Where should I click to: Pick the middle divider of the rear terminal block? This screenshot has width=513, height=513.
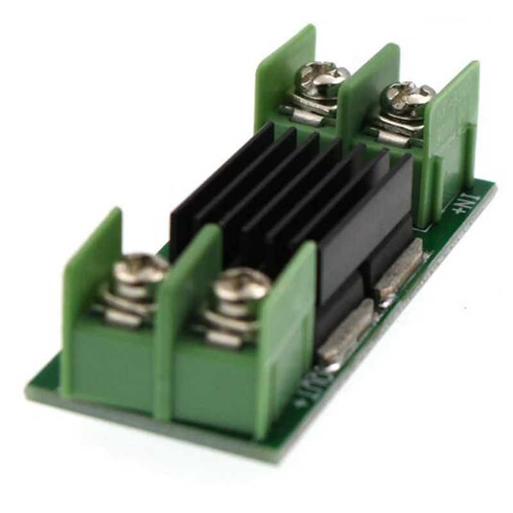click(367, 90)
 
